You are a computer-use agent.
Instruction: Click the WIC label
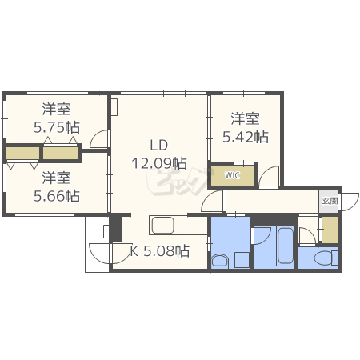pyautogui.click(x=232, y=175)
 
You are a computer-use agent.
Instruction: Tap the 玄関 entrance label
pyautogui.click(x=330, y=201)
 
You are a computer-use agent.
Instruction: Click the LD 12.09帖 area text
pyautogui.click(x=159, y=154)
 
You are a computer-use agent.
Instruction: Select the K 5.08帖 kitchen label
pyautogui.click(x=159, y=250)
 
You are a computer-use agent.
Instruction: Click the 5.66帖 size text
pyautogui.click(x=57, y=196)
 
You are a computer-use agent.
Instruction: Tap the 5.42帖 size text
pyautogui.click(x=246, y=137)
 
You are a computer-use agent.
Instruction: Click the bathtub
pyautogui.click(x=286, y=245)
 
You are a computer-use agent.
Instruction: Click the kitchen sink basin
pyautogui.click(x=162, y=226)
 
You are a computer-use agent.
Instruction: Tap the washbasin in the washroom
pyautogui.click(x=220, y=261)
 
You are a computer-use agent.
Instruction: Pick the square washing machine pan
pyautogui.click(x=242, y=260)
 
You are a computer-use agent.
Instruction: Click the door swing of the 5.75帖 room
pyautogui.click(x=99, y=138)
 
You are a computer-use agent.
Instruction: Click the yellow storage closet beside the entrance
pyautogui.click(x=330, y=230)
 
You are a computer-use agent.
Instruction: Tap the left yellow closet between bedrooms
pyautogui.click(x=22, y=154)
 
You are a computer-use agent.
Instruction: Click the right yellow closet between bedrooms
pyautogui.click(x=60, y=154)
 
